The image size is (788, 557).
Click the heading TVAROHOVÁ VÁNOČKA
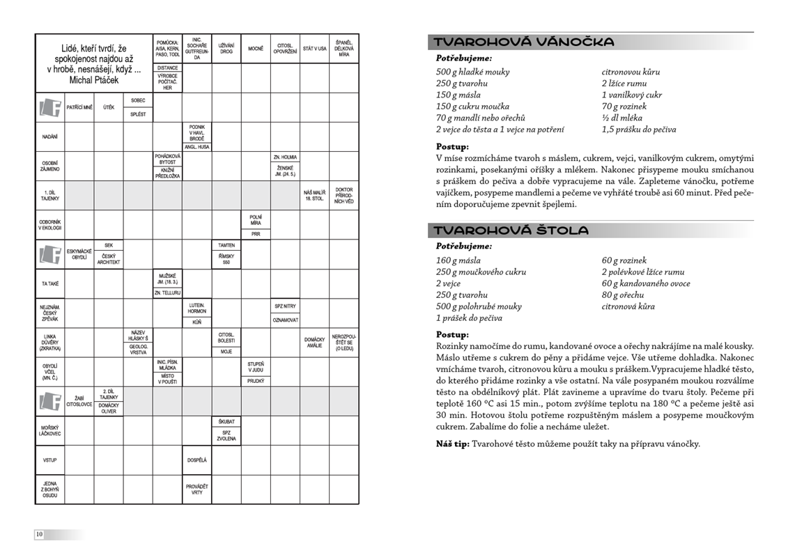(x=524, y=42)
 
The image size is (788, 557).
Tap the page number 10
(x=39, y=534)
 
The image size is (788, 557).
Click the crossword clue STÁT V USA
(x=314, y=49)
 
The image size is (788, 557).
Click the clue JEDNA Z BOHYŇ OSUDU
(x=49, y=489)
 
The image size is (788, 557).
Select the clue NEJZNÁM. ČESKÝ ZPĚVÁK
(x=49, y=313)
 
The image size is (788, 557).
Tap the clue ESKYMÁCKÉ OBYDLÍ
(x=79, y=254)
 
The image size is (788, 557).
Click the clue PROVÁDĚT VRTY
(x=196, y=489)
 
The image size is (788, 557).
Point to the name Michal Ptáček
(x=94, y=80)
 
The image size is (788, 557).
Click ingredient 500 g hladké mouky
(x=472, y=72)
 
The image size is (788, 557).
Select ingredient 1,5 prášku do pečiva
(x=638, y=130)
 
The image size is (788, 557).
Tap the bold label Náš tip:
(x=452, y=444)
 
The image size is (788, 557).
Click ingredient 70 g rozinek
(x=624, y=107)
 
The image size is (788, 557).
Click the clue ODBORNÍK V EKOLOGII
(x=49, y=224)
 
